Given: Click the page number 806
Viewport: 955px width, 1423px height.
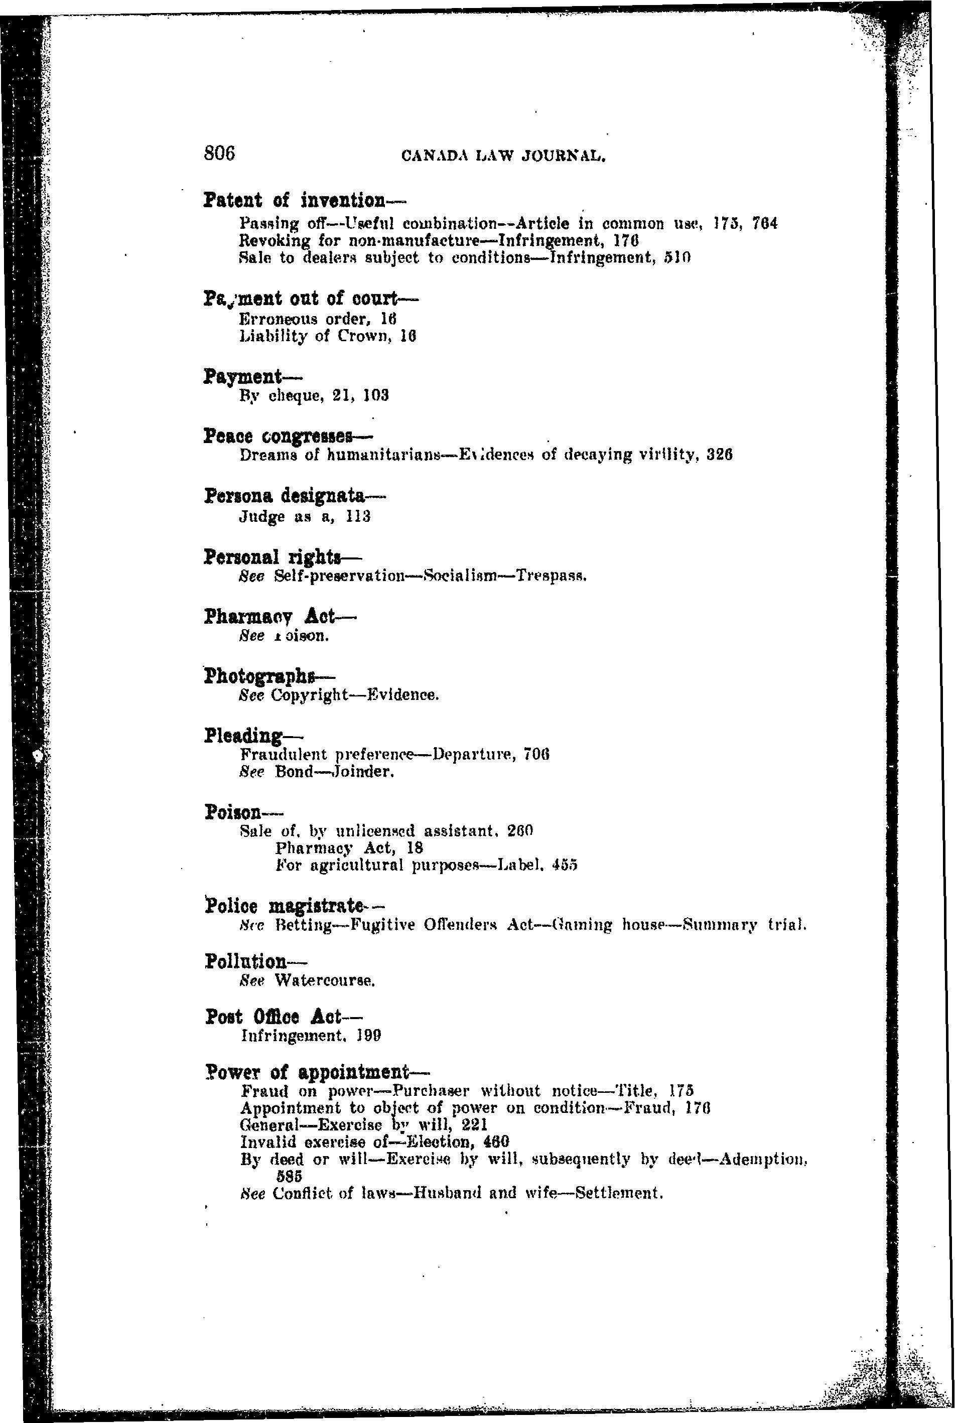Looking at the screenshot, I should click(219, 154).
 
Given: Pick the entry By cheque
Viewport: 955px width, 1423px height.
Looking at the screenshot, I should click(280, 396).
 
